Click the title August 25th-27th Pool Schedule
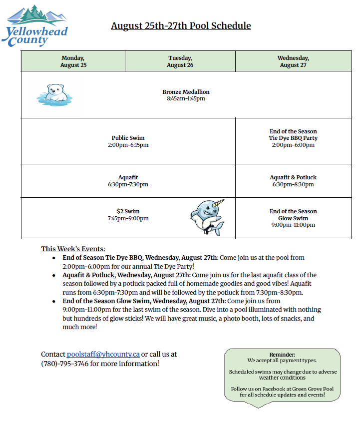181,25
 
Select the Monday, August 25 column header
73,61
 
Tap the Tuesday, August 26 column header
180,61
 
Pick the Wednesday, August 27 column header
293,61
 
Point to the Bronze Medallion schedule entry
186,95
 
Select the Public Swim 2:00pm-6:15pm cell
128,141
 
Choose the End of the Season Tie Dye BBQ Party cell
293,138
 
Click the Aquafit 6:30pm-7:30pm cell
128,181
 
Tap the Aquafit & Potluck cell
293,181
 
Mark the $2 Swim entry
128,215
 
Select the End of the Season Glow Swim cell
293,218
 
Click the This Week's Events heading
73,249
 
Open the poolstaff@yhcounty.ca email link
103,354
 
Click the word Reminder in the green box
282,354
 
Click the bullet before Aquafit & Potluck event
54,275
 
